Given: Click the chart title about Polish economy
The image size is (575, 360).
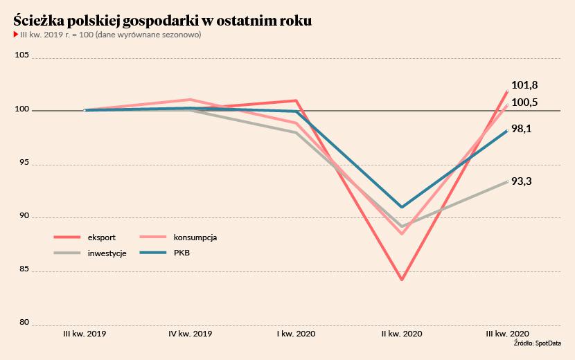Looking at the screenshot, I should coord(163,21).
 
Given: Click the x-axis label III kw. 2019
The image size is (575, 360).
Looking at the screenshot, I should coord(85,334).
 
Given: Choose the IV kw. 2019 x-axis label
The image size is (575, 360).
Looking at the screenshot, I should coord(191,334).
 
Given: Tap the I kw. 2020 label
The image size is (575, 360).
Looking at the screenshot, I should coord(297,334).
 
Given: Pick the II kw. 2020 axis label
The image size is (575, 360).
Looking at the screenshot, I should coord(402,334).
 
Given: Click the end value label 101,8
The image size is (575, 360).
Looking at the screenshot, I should coord(524,85).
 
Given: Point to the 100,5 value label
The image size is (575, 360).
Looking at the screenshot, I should coord(524,102).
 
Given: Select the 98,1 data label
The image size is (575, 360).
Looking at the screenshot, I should coord(522,129).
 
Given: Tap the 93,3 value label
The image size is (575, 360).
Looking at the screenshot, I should coord(522,181).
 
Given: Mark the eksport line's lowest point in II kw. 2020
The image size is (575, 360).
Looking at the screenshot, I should coord(402,280).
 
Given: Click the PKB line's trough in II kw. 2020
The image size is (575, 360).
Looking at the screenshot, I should coord(402,207).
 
